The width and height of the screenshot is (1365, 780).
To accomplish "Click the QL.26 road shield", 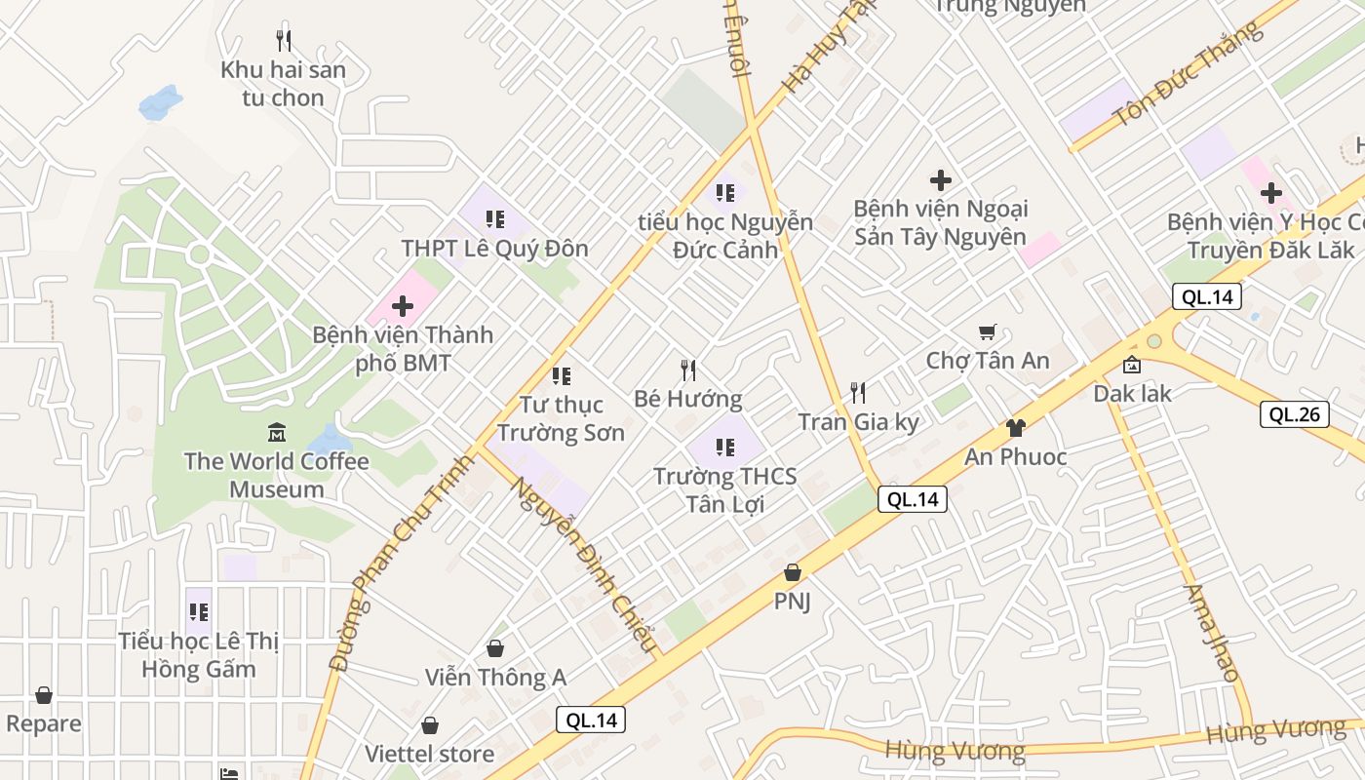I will pos(1294,414).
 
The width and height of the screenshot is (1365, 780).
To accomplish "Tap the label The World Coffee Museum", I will pos(277,475).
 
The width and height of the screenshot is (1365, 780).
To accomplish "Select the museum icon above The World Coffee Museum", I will pos(277,431).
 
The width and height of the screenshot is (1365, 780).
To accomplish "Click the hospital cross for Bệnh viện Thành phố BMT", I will pos(402,306).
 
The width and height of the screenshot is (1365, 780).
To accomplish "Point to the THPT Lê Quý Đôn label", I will pos(495,249).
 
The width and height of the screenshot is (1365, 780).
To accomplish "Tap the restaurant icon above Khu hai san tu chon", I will pos(284,41).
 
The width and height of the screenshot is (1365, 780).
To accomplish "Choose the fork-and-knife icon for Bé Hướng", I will pos(688,370).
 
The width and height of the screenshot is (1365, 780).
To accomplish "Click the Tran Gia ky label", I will pos(858,422).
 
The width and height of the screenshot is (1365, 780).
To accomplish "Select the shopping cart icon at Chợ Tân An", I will pos(988,332).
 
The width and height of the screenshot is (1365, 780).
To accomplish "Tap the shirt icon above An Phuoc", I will pos(1015,427).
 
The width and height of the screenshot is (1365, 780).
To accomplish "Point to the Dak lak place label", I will pos(1132,394).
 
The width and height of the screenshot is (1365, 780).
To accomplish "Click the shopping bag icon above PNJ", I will pos(793,572).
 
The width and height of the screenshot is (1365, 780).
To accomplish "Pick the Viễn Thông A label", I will pos(495,677).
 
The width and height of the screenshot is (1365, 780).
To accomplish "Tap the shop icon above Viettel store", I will pos(430,725).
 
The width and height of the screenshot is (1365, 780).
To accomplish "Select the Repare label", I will pos(44,723).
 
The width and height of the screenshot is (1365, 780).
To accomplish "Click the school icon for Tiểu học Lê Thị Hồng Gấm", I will pos(199,612).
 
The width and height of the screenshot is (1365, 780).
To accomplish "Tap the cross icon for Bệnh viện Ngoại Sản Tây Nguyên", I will pos(941,180).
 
